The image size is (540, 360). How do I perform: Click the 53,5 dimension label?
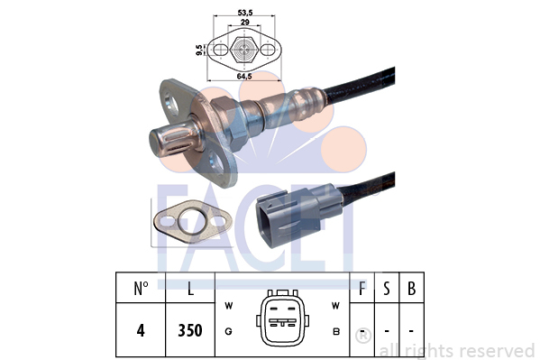245,13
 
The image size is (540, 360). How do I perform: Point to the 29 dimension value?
244,22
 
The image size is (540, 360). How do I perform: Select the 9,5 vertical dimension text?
198,50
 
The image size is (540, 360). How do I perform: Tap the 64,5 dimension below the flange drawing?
244,76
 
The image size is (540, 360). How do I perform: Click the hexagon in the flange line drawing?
244,50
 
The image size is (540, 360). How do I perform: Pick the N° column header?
141,289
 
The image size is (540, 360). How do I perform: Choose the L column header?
190,289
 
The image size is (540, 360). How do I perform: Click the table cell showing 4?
141,330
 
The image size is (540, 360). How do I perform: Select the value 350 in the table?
190,330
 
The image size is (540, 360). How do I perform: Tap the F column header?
362,289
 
